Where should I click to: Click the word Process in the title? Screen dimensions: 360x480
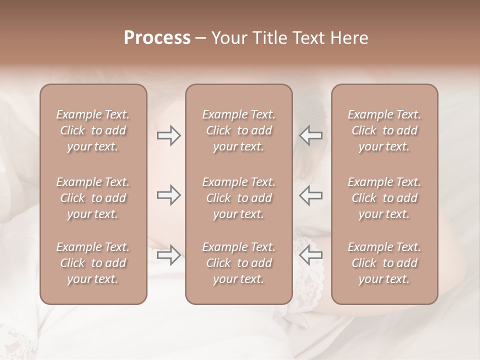[157, 38]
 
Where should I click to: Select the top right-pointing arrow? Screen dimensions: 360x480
[169, 135]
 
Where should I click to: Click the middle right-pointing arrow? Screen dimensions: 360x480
[169, 195]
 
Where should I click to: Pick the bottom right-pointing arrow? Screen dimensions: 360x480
[169, 255]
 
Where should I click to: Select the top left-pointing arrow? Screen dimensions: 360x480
[310, 135]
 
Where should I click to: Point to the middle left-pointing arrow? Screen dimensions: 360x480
[310, 195]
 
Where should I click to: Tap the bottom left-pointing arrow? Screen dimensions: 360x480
[310, 255]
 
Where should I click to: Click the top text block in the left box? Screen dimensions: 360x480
[93, 130]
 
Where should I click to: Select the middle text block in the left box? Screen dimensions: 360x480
[93, 198]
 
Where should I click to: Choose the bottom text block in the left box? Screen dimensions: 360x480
[93, 263]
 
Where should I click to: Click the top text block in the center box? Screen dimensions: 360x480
[239, 130]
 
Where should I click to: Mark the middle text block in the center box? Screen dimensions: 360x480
[239, 198]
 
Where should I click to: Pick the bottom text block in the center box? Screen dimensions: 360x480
[239, 263]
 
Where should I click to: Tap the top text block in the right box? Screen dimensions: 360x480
[384, 130]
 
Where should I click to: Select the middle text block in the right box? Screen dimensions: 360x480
[384, 198]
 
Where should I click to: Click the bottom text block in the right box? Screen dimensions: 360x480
[384, 263]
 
